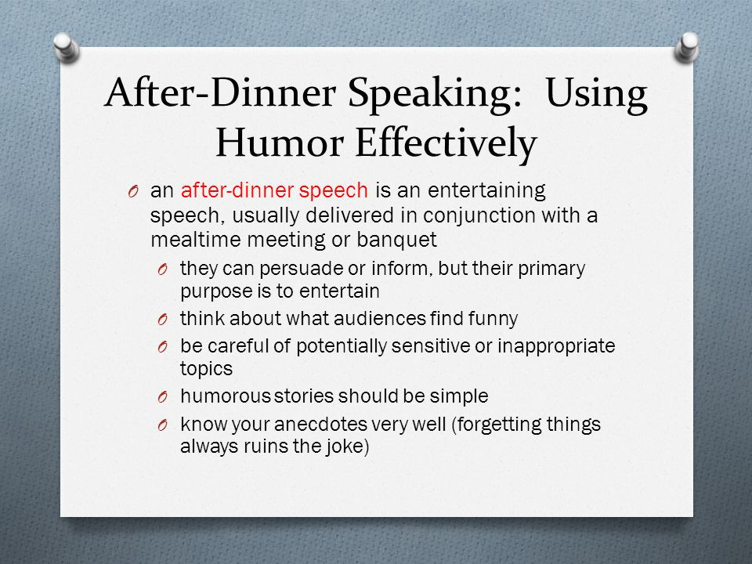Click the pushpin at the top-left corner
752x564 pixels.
pyautogui.click(x=66, y=47)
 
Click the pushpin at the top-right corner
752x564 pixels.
pyautogui.click(x=686, y=47)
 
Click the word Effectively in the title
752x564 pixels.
pyautogui.click(x=446, y=143)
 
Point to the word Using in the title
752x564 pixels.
pyautogui.click(x=596, y=93)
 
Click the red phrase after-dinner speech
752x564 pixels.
pyautogui.click(x=274, y=190)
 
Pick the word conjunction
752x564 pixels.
pyautogui.click(x=479, y=215)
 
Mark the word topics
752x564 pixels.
pyautogui.click(x=206, y=369)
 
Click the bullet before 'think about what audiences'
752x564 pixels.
pyautogui.click(x=163, y=320)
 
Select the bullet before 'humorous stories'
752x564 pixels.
pyautogui.click(x=163, y=397)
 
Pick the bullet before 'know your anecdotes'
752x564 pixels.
pyautogui.click(x=163, y=425)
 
